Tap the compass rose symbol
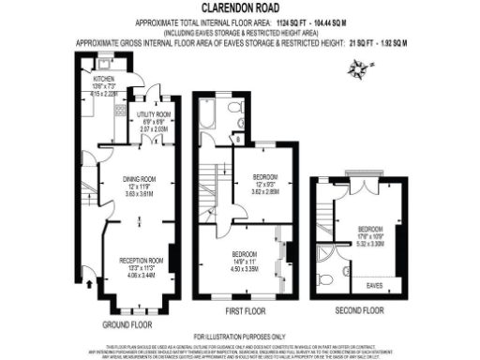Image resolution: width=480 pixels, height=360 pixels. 356,67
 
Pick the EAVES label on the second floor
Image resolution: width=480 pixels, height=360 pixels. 374,283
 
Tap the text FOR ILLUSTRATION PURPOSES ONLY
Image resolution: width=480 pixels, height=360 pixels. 239,336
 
